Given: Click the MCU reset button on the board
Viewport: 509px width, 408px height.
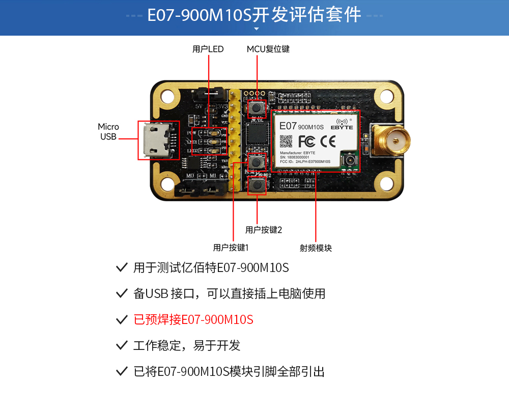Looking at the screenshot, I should [257, 108].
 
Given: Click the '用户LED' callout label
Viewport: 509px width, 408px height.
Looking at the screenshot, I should [208, 49].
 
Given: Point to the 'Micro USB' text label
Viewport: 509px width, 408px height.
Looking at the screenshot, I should [108, 131].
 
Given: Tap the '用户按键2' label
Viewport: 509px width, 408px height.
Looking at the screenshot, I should [263, 230].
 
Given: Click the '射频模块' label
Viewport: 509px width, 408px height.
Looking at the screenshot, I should [316, 248].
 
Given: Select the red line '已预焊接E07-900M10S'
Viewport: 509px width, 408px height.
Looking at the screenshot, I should [193, 320].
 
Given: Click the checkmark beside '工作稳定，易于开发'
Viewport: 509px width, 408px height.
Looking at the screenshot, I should [122, 345].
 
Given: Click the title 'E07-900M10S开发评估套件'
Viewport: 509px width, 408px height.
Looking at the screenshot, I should [254, 15].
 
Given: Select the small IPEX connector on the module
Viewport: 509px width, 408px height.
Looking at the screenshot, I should [350, 162].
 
